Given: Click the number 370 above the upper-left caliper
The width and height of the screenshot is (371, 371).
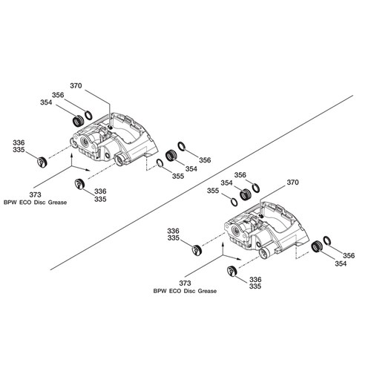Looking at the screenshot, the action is pos(76,86).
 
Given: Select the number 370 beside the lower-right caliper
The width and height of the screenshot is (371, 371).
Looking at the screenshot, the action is pos(292,183).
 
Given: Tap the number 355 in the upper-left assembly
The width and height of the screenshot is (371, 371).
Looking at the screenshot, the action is pos(178,176).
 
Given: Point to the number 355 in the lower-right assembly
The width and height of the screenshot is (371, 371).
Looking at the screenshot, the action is pos(213,191).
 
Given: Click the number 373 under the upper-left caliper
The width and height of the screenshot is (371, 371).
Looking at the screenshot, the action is pos(35,194).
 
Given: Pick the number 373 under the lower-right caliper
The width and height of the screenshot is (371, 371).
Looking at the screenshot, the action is pos(185,283).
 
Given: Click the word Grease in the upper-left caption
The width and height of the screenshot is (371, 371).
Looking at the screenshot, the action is pos(57,203).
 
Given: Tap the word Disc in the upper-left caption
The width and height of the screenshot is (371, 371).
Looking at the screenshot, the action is pos(39,203).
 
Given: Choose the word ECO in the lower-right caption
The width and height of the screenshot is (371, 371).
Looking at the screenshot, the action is pos(175,291).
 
